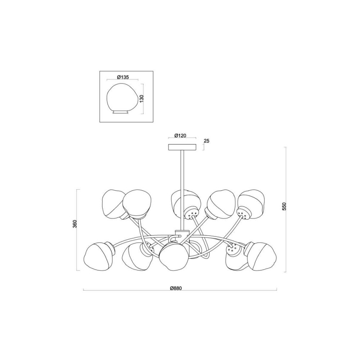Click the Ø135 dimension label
123,77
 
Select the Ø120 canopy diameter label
180,135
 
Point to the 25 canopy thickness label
207,141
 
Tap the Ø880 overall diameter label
176,288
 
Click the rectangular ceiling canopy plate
182,147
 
